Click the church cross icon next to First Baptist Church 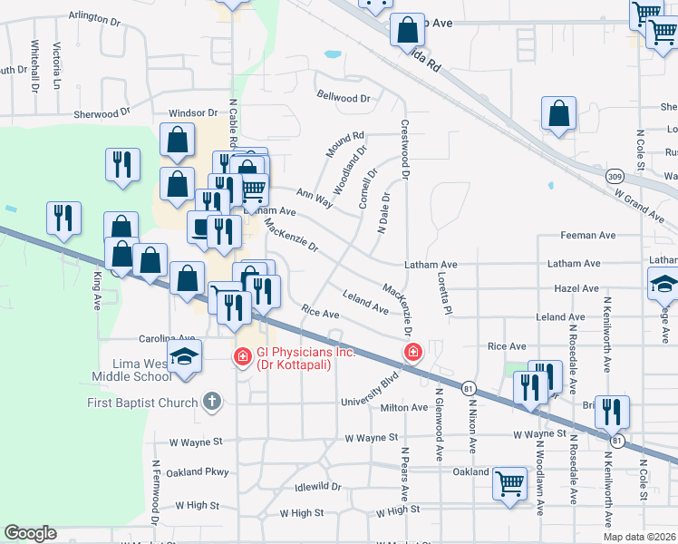[x=212, y=401]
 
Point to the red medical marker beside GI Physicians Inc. [x=243, y=357]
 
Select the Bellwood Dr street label [x=344, y=97]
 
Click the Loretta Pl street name [x=444, y=294]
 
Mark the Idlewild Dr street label [x=319, y=486]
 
